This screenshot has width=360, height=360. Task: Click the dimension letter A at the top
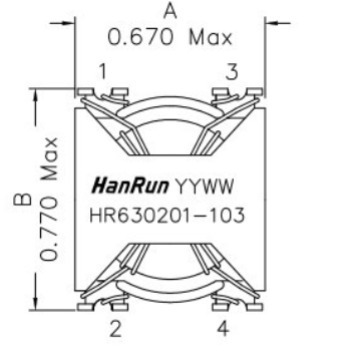click(x=171, y=13)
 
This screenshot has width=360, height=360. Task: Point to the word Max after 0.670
click(x=212, y=38)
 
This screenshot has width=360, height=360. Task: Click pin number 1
click(x=102, y=71)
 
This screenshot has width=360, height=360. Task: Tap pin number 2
click(x=115, y=328)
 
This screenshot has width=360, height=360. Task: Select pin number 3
click(x=231, y=71)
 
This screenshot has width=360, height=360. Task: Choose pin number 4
click(x=221, y=328)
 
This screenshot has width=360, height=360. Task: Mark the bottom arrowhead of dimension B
click(x=38, y=306)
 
